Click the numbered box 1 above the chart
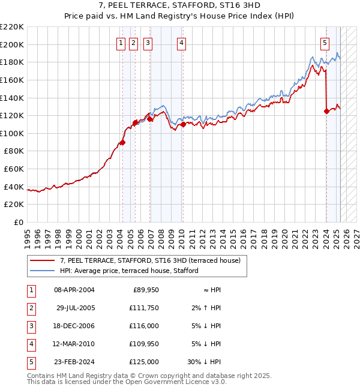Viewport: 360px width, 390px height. tap(121, 43)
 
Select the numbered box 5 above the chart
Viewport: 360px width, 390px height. tap(325, 43)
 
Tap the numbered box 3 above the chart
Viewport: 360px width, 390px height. tap(147, 43)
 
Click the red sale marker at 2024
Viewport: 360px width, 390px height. tap(326, 111)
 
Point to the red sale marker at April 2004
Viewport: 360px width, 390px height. tap(122, 142)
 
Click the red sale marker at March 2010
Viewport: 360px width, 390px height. tap(182, 125)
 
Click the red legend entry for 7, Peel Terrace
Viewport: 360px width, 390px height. tap(150, 260)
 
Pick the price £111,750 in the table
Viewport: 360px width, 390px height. tap(144, 308)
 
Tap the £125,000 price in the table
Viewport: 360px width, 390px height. tap(144, 362)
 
